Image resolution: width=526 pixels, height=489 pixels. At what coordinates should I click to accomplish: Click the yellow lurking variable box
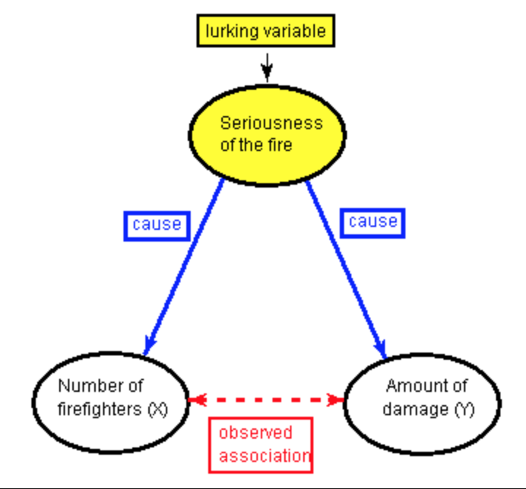tap(266, 31)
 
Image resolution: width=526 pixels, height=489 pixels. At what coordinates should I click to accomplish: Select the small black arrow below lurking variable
tap(267, 68)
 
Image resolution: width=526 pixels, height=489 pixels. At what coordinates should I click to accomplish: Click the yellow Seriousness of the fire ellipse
tap(267, 136)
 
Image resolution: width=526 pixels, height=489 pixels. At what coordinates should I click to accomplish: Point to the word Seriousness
tap(271, 123)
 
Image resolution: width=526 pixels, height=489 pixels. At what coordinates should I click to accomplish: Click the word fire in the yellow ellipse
tap(280, 145)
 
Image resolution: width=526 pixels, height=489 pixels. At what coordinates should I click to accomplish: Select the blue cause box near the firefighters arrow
tap(157, 226)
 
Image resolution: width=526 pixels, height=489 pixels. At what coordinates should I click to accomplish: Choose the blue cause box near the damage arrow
tap(373, 223)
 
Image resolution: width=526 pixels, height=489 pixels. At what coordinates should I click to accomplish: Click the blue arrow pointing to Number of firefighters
tap(183, 267)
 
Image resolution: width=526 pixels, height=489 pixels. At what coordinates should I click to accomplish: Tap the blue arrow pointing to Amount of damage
tap(346, 270)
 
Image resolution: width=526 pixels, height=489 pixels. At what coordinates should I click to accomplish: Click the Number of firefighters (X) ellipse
tap(111, 403)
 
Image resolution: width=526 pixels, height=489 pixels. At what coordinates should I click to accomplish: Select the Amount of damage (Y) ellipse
tap(423, 404)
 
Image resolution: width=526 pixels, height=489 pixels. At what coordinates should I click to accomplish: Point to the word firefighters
tap(99, 409)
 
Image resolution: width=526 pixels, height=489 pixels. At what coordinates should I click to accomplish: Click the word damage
tap(416, 409)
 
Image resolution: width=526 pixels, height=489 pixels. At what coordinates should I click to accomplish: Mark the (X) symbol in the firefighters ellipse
tap(158, 409)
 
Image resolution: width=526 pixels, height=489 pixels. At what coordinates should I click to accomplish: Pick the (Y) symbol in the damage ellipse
tap(465, 409)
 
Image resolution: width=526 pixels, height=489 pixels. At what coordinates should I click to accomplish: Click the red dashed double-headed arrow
tap(267, 399)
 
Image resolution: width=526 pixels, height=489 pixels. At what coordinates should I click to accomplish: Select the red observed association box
tap(261, 445)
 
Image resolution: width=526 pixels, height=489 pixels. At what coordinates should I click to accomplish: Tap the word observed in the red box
tap(256, 432)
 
